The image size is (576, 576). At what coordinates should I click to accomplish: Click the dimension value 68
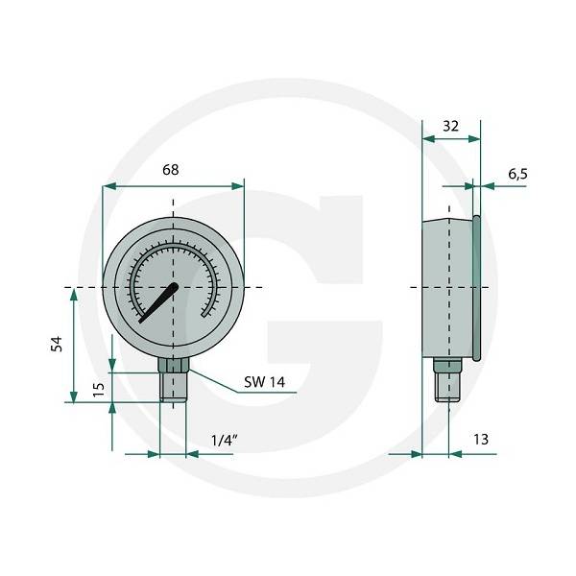(170, 170)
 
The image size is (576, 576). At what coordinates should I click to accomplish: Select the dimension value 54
(55, 345)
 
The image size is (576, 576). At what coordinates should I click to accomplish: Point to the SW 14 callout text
(265, 382)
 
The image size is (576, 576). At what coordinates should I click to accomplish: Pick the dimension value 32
(451, 124)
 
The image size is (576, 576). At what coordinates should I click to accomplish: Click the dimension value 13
(481, 439)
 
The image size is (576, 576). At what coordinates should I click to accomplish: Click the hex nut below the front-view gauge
(174, 365)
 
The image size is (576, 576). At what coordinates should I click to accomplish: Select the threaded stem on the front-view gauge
(174, 388)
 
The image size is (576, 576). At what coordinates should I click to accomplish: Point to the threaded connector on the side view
(444, 381)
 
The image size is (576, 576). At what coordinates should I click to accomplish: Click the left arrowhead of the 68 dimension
(108, 186)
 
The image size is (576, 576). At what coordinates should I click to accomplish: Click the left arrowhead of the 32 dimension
(428, 139)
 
